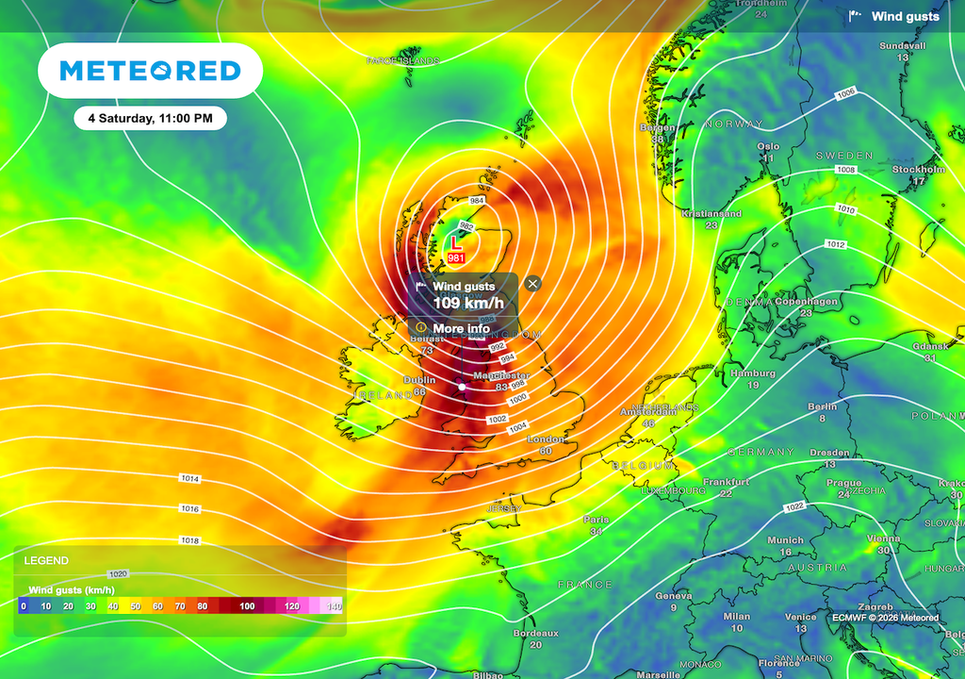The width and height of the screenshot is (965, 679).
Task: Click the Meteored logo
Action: point(150,71)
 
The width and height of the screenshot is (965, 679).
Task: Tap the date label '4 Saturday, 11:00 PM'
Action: point(150,119)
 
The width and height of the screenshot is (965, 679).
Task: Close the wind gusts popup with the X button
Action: point(533,283)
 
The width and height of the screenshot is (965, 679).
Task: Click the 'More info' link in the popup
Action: point(461,328)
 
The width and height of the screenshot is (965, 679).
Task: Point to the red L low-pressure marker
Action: point(457,243)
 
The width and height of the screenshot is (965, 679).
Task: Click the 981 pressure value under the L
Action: point(456,258)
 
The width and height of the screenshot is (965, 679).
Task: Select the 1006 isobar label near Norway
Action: point(845,92)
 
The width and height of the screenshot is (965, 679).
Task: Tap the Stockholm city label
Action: point(918,170)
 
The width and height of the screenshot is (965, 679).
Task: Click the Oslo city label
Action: point(769,146)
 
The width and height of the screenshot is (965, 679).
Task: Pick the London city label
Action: point(546,440)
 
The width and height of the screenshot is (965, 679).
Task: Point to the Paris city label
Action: point(596,520)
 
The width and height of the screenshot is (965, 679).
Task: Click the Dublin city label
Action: point(419,380)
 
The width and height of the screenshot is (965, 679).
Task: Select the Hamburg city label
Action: point(752,373)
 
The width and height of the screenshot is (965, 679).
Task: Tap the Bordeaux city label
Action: point(535,634)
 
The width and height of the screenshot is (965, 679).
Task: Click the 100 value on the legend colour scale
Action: point(247,605)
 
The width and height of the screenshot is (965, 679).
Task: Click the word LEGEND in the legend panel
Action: point(45,560)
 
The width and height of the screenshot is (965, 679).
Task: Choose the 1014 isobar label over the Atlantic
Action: point(190,479)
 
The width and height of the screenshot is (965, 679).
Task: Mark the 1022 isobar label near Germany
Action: point(794,507)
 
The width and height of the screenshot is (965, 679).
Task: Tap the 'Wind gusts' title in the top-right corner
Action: point(905,16)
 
